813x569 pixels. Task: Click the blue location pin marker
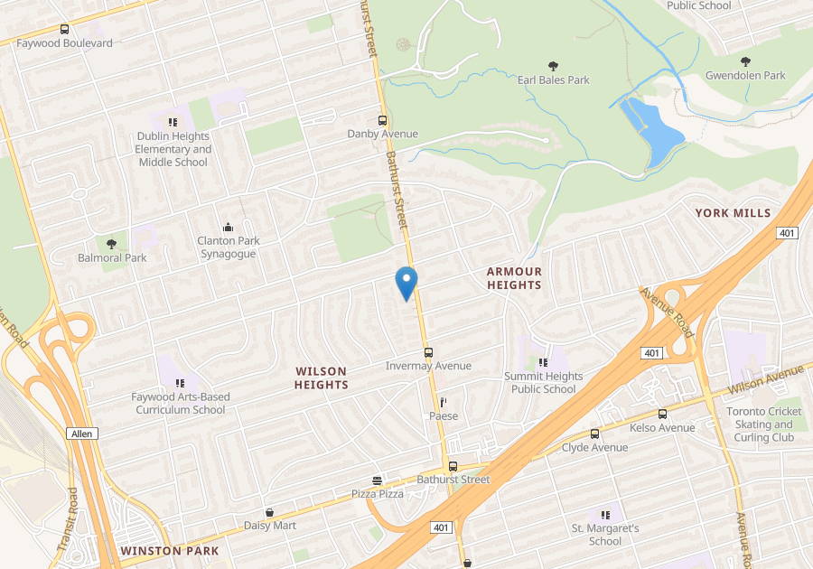click(406, 283)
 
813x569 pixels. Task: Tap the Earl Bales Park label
click(553, 79)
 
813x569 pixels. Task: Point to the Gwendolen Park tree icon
click(745, 61)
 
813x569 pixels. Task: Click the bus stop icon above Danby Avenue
click(382, 120)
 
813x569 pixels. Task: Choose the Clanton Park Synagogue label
click(228, 247)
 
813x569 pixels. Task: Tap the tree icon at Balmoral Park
click(111, 244)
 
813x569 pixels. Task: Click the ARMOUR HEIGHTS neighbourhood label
click(514, 278)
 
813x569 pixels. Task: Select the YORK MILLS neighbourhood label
click(733, 213)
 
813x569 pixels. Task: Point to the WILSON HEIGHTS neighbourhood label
click(321, 378)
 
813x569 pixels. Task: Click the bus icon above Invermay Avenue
click(428, 352)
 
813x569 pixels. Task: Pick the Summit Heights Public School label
click(543, 383)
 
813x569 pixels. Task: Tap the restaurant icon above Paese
click(443, 402)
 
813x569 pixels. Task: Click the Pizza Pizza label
click(377, 494)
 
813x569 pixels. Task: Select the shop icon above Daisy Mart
click(269, 512)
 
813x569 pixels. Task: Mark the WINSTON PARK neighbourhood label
click(169, 550)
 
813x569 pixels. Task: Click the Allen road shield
click(81, 434)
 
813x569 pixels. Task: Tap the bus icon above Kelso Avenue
click(662, 414)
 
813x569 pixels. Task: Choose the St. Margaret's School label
click(605, 535)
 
